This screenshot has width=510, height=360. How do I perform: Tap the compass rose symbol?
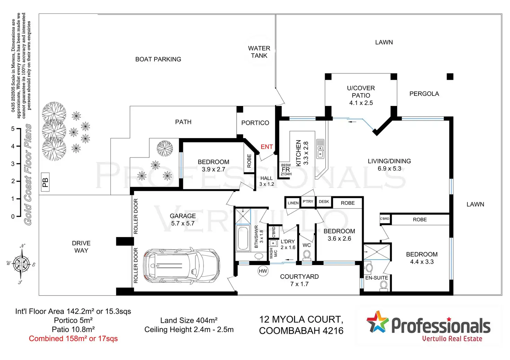(22, 264)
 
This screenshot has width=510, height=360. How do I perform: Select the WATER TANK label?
(259, 52)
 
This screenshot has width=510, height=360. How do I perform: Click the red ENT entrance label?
(266, 147)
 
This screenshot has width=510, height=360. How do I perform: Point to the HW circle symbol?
(263, 271)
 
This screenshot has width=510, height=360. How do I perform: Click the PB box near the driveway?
(45, 182)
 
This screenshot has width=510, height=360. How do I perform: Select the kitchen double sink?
(320, 149)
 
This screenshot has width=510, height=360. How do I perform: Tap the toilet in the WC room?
(307, 255)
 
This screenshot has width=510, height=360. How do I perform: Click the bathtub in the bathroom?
(243, 238)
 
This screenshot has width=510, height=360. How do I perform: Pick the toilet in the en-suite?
(384, 286)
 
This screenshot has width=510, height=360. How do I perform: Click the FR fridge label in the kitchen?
(286, 170)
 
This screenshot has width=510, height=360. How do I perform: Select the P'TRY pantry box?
(308, 201)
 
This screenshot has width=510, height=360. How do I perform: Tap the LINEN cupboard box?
(293, 203)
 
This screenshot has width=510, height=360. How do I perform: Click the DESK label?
(324, 201)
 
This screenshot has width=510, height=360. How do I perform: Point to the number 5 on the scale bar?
(13, 129)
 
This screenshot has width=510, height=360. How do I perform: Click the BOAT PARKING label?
(158, 59)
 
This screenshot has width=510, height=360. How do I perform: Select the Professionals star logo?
(378, 322)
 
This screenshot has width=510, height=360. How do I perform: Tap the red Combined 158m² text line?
(73, 339)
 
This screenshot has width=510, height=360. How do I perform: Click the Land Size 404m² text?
(189, 321)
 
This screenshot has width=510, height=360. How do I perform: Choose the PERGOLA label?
(424, 94)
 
